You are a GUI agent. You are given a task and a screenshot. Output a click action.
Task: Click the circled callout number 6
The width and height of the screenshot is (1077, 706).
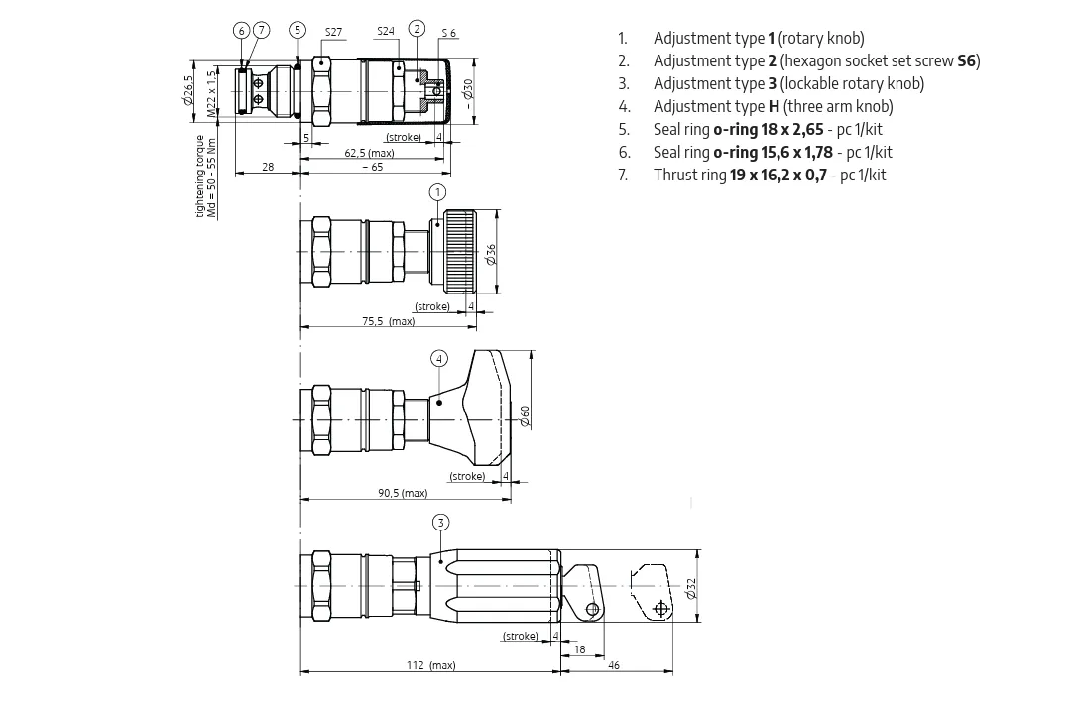click(x=241, y=30)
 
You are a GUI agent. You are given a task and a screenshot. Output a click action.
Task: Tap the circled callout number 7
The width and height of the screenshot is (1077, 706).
click(x=262, y=30)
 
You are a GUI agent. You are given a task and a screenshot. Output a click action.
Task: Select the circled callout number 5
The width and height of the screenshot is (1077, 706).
click(x=298, y=30)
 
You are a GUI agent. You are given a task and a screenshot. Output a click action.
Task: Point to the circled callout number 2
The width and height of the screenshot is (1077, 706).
click(x=417, y=28)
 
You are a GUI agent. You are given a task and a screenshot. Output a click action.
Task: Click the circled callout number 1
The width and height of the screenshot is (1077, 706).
click(x=437, y=192)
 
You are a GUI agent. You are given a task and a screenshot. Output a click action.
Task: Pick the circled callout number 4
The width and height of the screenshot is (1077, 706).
click(x=439, y=359)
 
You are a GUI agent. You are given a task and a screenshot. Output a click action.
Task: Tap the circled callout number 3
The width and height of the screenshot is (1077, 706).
click(x=441, y=523)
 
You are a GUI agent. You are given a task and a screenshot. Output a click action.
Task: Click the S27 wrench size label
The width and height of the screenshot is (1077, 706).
click(x=333, y=32)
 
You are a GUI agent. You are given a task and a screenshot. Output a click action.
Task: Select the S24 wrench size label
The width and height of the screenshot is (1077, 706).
click(x=386, y=31)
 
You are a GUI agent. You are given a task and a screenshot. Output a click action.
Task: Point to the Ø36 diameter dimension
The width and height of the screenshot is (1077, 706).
click(x=491, y=254)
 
